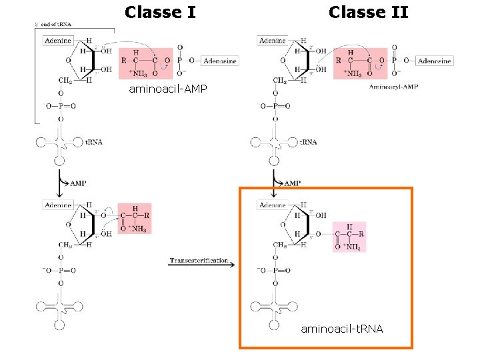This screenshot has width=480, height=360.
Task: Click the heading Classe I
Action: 160,12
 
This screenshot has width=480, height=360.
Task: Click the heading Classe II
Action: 368,12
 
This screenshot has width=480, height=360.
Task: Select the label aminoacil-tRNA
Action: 342,329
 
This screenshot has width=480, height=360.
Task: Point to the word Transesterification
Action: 199,260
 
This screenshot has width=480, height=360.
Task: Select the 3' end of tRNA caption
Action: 53,25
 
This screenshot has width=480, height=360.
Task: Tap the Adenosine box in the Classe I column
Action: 219,61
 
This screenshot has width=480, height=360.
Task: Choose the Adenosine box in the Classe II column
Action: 434,61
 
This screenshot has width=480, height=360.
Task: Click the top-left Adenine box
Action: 58,41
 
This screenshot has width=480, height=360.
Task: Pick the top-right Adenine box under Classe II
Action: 272,41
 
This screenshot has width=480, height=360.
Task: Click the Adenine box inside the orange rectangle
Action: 273,205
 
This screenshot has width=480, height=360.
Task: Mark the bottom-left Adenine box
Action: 58,205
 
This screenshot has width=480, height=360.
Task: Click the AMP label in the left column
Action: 78,183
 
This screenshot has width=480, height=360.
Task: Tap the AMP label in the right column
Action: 292,183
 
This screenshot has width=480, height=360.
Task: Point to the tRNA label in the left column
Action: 93,142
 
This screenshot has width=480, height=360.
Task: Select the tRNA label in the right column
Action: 307,142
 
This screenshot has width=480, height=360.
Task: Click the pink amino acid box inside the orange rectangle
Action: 349,237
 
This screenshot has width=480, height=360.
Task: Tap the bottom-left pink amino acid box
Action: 135,218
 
